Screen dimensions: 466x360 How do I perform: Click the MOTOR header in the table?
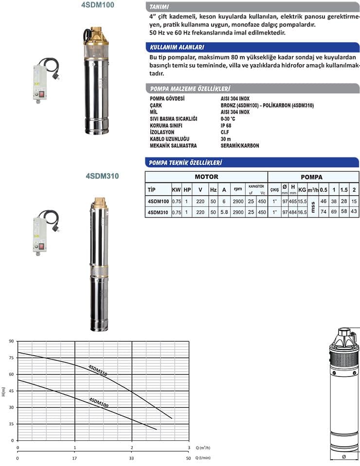pyautogui.click(x=206, y=177)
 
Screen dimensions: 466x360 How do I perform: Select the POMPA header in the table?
pyautogui.click(x=312, y=177)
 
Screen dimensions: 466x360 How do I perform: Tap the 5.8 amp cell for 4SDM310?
pyautogui.click(x=224, y=212)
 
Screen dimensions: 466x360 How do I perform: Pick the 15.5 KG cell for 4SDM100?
pyautogui.click(x=302, y=201)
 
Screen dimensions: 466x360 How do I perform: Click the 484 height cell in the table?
pyautogui.click(x=293, y=212)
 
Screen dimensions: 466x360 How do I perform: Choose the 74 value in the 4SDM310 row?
pyautogui.click(x=323, y=212)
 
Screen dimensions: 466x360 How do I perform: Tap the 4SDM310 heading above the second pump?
pyautogui.click(x=102, y=176)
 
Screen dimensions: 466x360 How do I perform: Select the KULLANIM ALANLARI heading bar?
pyautogui.click(x=177, y=47)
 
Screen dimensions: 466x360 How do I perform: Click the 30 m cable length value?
pyautogui.click(x=226, y=139)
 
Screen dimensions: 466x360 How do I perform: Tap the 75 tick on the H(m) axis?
pyautogui.click(x=11, y=358)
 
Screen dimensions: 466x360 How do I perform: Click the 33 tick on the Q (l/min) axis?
pyautogui.click(x=132, y=458)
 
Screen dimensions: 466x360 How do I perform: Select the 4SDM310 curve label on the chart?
pyautogui.click(x=98, y=370)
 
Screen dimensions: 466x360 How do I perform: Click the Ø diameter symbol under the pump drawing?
pyautogui.click(x=344, y=456)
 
